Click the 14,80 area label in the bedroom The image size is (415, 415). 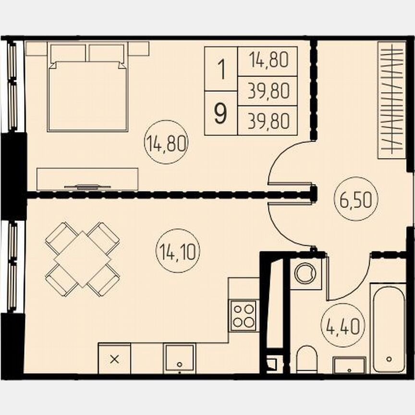(166, 144)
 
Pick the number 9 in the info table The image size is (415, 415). (221, 114)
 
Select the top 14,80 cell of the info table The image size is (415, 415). (268, 61)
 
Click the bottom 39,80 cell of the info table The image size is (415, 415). (268, 121)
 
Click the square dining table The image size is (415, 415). (83, 259)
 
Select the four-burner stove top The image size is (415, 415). (244, 315)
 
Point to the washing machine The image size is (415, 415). (304, 274)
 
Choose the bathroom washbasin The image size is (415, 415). (349, 365)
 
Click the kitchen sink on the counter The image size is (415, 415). (179, 358)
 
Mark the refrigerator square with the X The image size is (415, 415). (114, 359)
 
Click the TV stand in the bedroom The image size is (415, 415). (87, 179)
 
